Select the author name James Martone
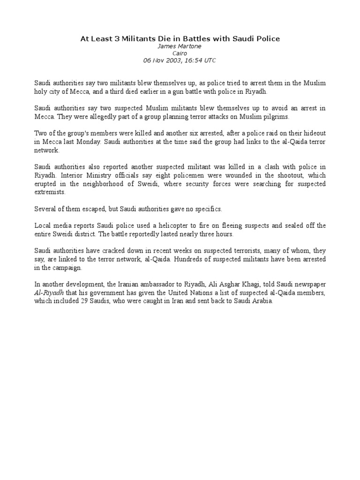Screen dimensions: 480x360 (180, 46)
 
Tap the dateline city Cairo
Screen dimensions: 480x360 (180, 53)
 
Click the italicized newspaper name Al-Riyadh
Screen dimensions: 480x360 (47, 293)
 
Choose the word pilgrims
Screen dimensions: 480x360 (277, 117)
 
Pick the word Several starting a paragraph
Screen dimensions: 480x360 (45, 209)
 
